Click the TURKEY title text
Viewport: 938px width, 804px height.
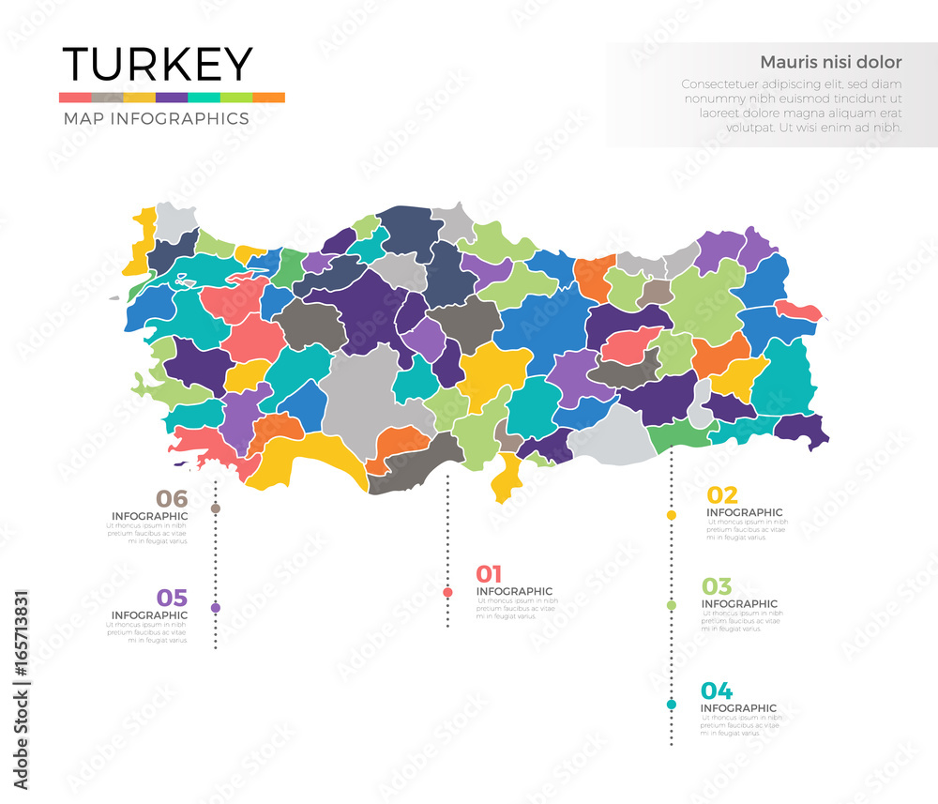pos(157,65)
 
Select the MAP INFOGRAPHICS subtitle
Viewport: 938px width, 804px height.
pos(156,119)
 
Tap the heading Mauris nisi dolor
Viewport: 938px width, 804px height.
pos(830,63)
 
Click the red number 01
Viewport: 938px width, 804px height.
pos(490,574)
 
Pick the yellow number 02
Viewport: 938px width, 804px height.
pos(721,495)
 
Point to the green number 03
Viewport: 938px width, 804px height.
pos(718,586)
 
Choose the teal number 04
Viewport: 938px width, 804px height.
pos(717,691)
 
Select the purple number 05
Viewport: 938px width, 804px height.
pos(172,598)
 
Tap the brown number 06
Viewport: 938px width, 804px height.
pos(172,499)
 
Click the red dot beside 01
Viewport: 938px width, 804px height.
pos(447,592)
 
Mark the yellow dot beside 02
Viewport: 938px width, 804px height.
pos(672,515)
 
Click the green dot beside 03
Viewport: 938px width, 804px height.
pos(672,605)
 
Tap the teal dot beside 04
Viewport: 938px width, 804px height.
pos(672,705)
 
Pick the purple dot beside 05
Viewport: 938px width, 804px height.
pos(216,608)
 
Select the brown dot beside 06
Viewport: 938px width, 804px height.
pos(216,508)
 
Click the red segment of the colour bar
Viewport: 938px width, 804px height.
pos(75,98)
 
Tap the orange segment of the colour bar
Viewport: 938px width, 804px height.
pos(268,98)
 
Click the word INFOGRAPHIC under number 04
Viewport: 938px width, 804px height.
pos(738,708)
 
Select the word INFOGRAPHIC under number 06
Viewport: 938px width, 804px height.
pos(149,516)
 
